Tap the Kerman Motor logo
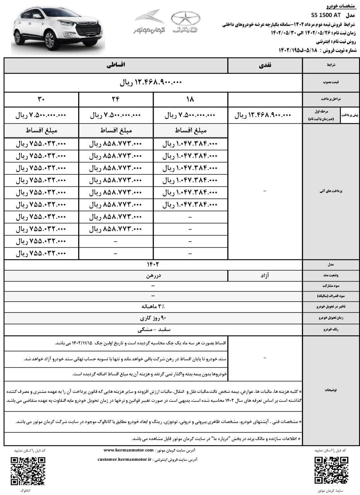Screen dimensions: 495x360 (x=149, y=22)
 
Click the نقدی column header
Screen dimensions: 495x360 (x=265, y=66)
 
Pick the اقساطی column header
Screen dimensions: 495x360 (x=116, y=66)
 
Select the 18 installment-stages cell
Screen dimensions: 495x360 (x=190, y=99)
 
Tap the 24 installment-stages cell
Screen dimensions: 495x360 (x=116, y=99)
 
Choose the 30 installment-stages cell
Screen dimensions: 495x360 (x=41, y=99)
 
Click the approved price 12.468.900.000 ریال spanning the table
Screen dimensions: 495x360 (x=153, y=82)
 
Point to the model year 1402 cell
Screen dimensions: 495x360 (x=153, y=265)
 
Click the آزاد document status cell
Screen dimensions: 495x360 (x=265, y=276)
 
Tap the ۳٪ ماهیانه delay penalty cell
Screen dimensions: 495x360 (x=153, y=307)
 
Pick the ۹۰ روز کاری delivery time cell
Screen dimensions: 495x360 (x=153, y=318)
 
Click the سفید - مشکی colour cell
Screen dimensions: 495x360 (x=153, y=330)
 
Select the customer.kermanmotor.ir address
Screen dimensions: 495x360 (x=125, y=460)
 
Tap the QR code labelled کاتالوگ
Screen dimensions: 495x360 (x=28, y=471)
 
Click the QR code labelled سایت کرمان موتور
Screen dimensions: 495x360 (x=331, y=471)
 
